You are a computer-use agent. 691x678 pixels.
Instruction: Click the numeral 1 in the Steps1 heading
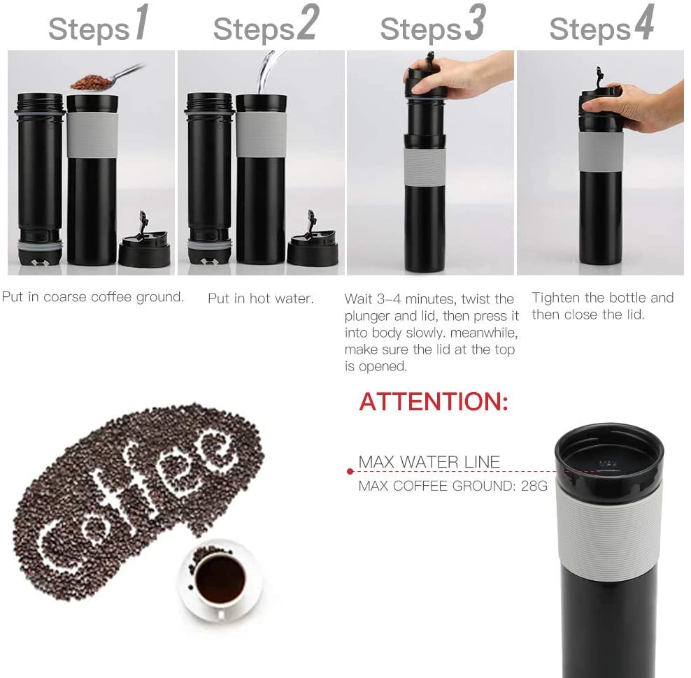(x=141, y=24)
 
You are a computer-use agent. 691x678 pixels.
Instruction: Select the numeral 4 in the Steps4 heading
(x=643, y=24)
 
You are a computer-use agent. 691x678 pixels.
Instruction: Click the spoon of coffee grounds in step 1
(x=98, y=80)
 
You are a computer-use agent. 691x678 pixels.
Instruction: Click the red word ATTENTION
(x=434, y=402)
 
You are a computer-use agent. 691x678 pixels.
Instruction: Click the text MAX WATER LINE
(x=429, y=462)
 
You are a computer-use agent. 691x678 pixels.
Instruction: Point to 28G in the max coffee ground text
(x=534, y=486)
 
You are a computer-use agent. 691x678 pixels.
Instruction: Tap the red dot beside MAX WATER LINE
(x=350, y=472)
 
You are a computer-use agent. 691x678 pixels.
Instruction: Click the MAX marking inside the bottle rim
(x=608, y=463)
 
